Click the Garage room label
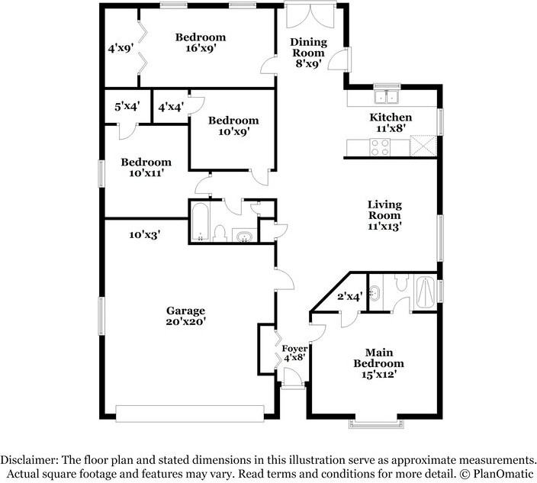[x=186, y=311]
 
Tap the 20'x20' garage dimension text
[x=186, y=323]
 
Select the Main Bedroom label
[x=378, y=358]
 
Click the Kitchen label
[x=391, y=118]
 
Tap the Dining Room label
[x=308, y=47]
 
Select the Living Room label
[x=384, y=210]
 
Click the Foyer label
[x=294, y=349]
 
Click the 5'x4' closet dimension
[x=127, y=108]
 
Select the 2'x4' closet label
[x=349, y=298]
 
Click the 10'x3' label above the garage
[x=144, y=235]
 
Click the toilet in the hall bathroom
[x=218, y=232]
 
